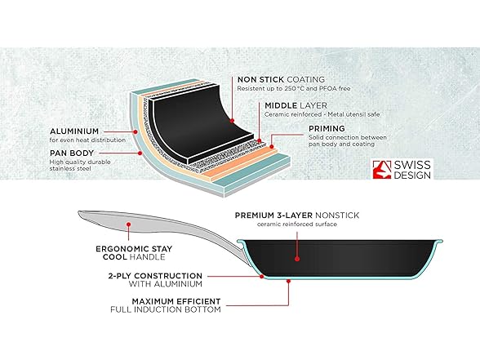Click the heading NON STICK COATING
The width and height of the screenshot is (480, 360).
coord(281,80)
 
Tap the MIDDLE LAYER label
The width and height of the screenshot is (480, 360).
coord(296,105)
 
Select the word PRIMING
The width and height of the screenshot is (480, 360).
coord(327,129)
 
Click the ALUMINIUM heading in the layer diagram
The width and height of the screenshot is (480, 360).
coord(74,131)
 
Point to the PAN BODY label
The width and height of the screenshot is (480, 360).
coord(72,153)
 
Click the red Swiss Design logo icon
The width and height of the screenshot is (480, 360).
coord(382,170)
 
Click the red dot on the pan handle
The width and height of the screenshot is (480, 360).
coord(129,224)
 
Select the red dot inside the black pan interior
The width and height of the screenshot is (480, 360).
coord(297,259)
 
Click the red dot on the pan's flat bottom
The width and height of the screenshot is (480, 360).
coord(288,281)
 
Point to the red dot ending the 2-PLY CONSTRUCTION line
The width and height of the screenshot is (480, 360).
coord(262,277)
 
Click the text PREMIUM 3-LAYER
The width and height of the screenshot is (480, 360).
coord(273,216)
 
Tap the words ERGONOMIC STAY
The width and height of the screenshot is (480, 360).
coord(134,249)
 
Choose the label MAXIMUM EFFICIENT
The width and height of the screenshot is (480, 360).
coord(176,301)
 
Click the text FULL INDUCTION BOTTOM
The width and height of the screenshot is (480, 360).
coord(166,310)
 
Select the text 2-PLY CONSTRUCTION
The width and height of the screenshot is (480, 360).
coord(155,276)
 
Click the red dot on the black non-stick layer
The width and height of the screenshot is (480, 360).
coord(233,121)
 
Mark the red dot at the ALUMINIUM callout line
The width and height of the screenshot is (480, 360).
coord(135,132)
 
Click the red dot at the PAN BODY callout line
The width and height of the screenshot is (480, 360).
coord(140,153)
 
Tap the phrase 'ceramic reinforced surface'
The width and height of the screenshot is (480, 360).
coord(297,224)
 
